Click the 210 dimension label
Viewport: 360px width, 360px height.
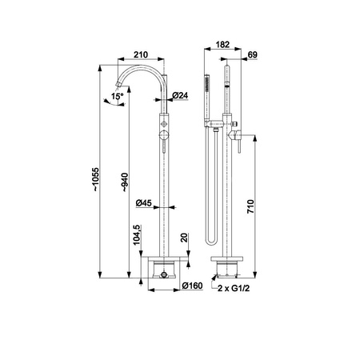point(141,54)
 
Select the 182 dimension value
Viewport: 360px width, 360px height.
point(222,45)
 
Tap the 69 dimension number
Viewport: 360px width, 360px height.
point(252,54)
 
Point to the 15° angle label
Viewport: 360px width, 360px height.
point(118,96)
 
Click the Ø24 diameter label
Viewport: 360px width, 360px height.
point(180,95)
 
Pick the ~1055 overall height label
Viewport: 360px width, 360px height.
point(96,179)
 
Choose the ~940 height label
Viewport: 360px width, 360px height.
point(125,182)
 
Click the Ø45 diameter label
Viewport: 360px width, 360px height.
point(143,203)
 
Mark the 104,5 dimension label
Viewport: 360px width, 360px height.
point(136,235)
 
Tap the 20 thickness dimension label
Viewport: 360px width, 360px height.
point(184,238)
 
